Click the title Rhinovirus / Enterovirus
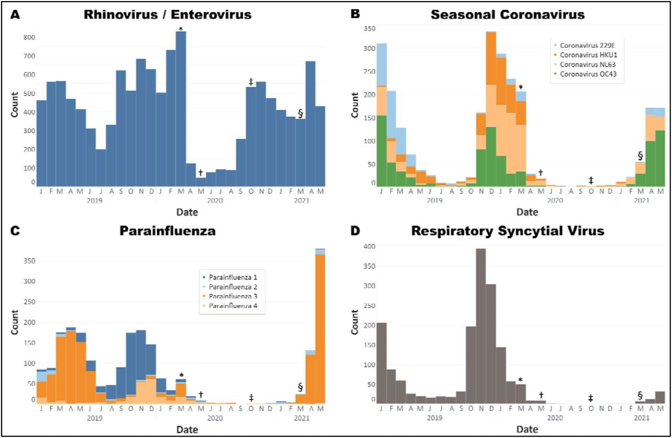point(168,15)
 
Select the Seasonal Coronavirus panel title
point(508,15)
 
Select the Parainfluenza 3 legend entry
point(234,297)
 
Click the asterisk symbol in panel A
point(181,28)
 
